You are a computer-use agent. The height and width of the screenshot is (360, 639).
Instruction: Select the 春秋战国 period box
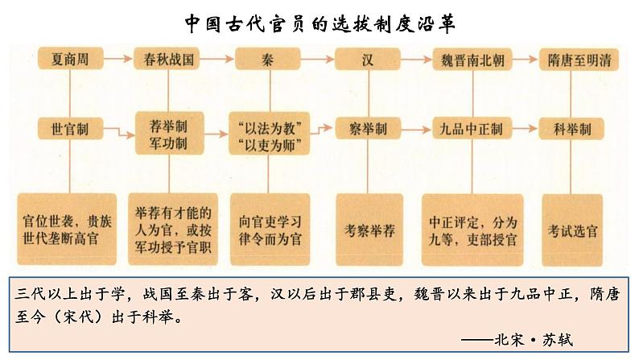167,59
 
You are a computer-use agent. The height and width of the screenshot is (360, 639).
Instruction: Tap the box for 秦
266,59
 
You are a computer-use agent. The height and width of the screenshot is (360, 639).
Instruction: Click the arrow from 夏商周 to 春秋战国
118,59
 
